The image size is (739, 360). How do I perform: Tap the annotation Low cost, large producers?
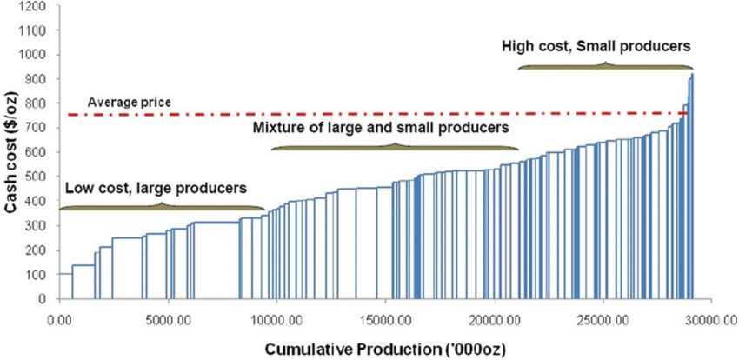(155, 187)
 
